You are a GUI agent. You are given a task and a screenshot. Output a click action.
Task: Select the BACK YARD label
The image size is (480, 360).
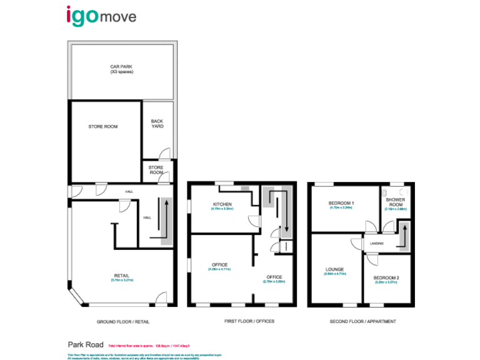pos(157,124)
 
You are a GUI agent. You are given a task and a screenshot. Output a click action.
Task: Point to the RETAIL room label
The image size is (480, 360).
pos(122,276)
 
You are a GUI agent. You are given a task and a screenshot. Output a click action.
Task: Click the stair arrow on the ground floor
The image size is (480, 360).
pos(166,218)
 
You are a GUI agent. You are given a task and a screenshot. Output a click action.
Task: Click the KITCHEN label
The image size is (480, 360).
pos(222,205)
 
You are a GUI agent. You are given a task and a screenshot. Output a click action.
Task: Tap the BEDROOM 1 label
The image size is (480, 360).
pos(342,204)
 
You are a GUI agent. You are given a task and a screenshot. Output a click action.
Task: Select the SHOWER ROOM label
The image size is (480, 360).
pos(395,202)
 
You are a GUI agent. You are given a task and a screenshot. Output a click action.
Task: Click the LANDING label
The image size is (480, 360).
pos(376,243)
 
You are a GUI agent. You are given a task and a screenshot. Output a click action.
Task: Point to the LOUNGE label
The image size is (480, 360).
pos(334,270)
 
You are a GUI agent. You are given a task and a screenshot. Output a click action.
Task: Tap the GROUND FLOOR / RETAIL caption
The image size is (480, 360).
pos(123,321)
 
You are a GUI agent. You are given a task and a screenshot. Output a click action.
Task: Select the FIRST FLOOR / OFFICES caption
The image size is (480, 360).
pos(249,321)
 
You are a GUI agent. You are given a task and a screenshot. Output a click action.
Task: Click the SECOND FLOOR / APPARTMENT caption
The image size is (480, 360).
pos(362,321)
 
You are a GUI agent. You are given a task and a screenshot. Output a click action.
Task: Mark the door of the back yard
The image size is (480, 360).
pos(164,153)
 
